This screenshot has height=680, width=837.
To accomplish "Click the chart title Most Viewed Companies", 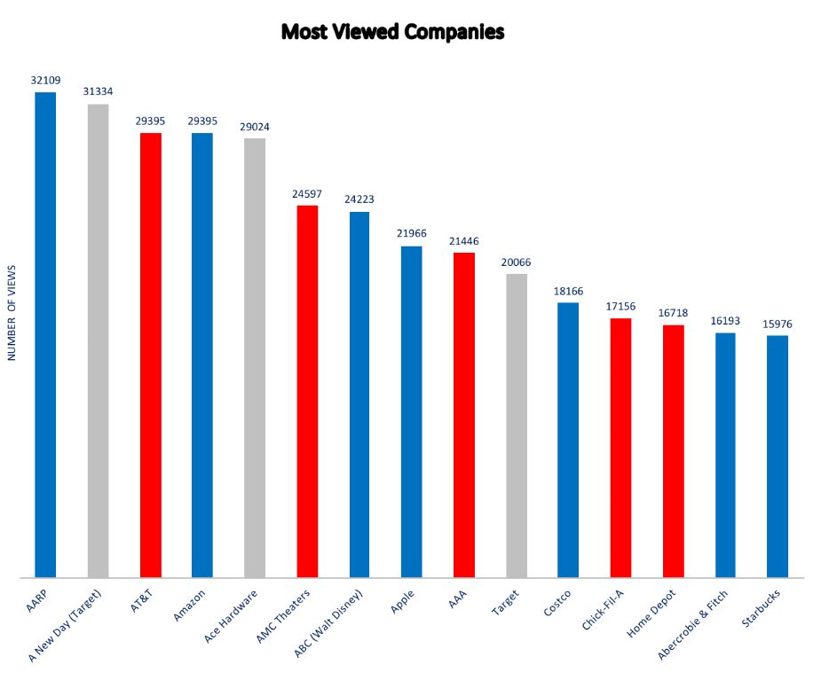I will point(392,32).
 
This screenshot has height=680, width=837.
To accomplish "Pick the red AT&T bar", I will point(150,355).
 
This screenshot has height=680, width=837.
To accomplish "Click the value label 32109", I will point(45,79).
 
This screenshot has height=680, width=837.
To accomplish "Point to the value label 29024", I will point(255,127).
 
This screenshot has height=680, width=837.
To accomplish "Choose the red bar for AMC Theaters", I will point(307,391).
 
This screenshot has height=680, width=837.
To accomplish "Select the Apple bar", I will point(411,412).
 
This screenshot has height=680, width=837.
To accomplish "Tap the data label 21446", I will point(463,241).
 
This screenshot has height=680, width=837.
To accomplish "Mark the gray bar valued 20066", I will point(517,426).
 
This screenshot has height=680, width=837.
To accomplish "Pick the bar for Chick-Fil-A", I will point(620,448).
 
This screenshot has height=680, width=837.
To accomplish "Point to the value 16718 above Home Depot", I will point(673,314).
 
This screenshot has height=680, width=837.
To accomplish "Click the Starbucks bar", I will point(777,457).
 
